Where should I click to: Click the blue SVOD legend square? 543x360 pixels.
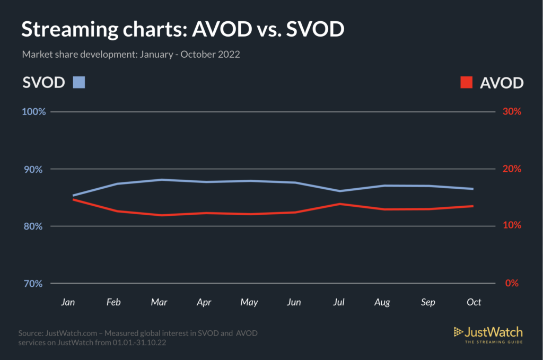click(x=78, y=82)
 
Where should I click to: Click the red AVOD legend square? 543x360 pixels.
click(x=466, y=82)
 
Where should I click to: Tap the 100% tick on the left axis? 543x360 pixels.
click(x=33, y=112)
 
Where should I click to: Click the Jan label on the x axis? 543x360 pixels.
click(x=68, y=302)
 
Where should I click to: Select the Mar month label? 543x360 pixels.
click(x=159, y=302)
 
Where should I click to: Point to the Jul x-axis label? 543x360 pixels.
click(x=339, y=302)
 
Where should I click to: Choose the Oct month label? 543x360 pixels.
click(x=474, y=302)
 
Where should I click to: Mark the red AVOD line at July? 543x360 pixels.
click(x=339, y=204)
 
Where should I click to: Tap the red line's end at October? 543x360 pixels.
click(x=472, y=206)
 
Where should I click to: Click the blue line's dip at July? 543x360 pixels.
click(x=339, y=191)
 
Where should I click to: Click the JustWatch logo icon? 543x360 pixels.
click(x=458, y=332)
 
